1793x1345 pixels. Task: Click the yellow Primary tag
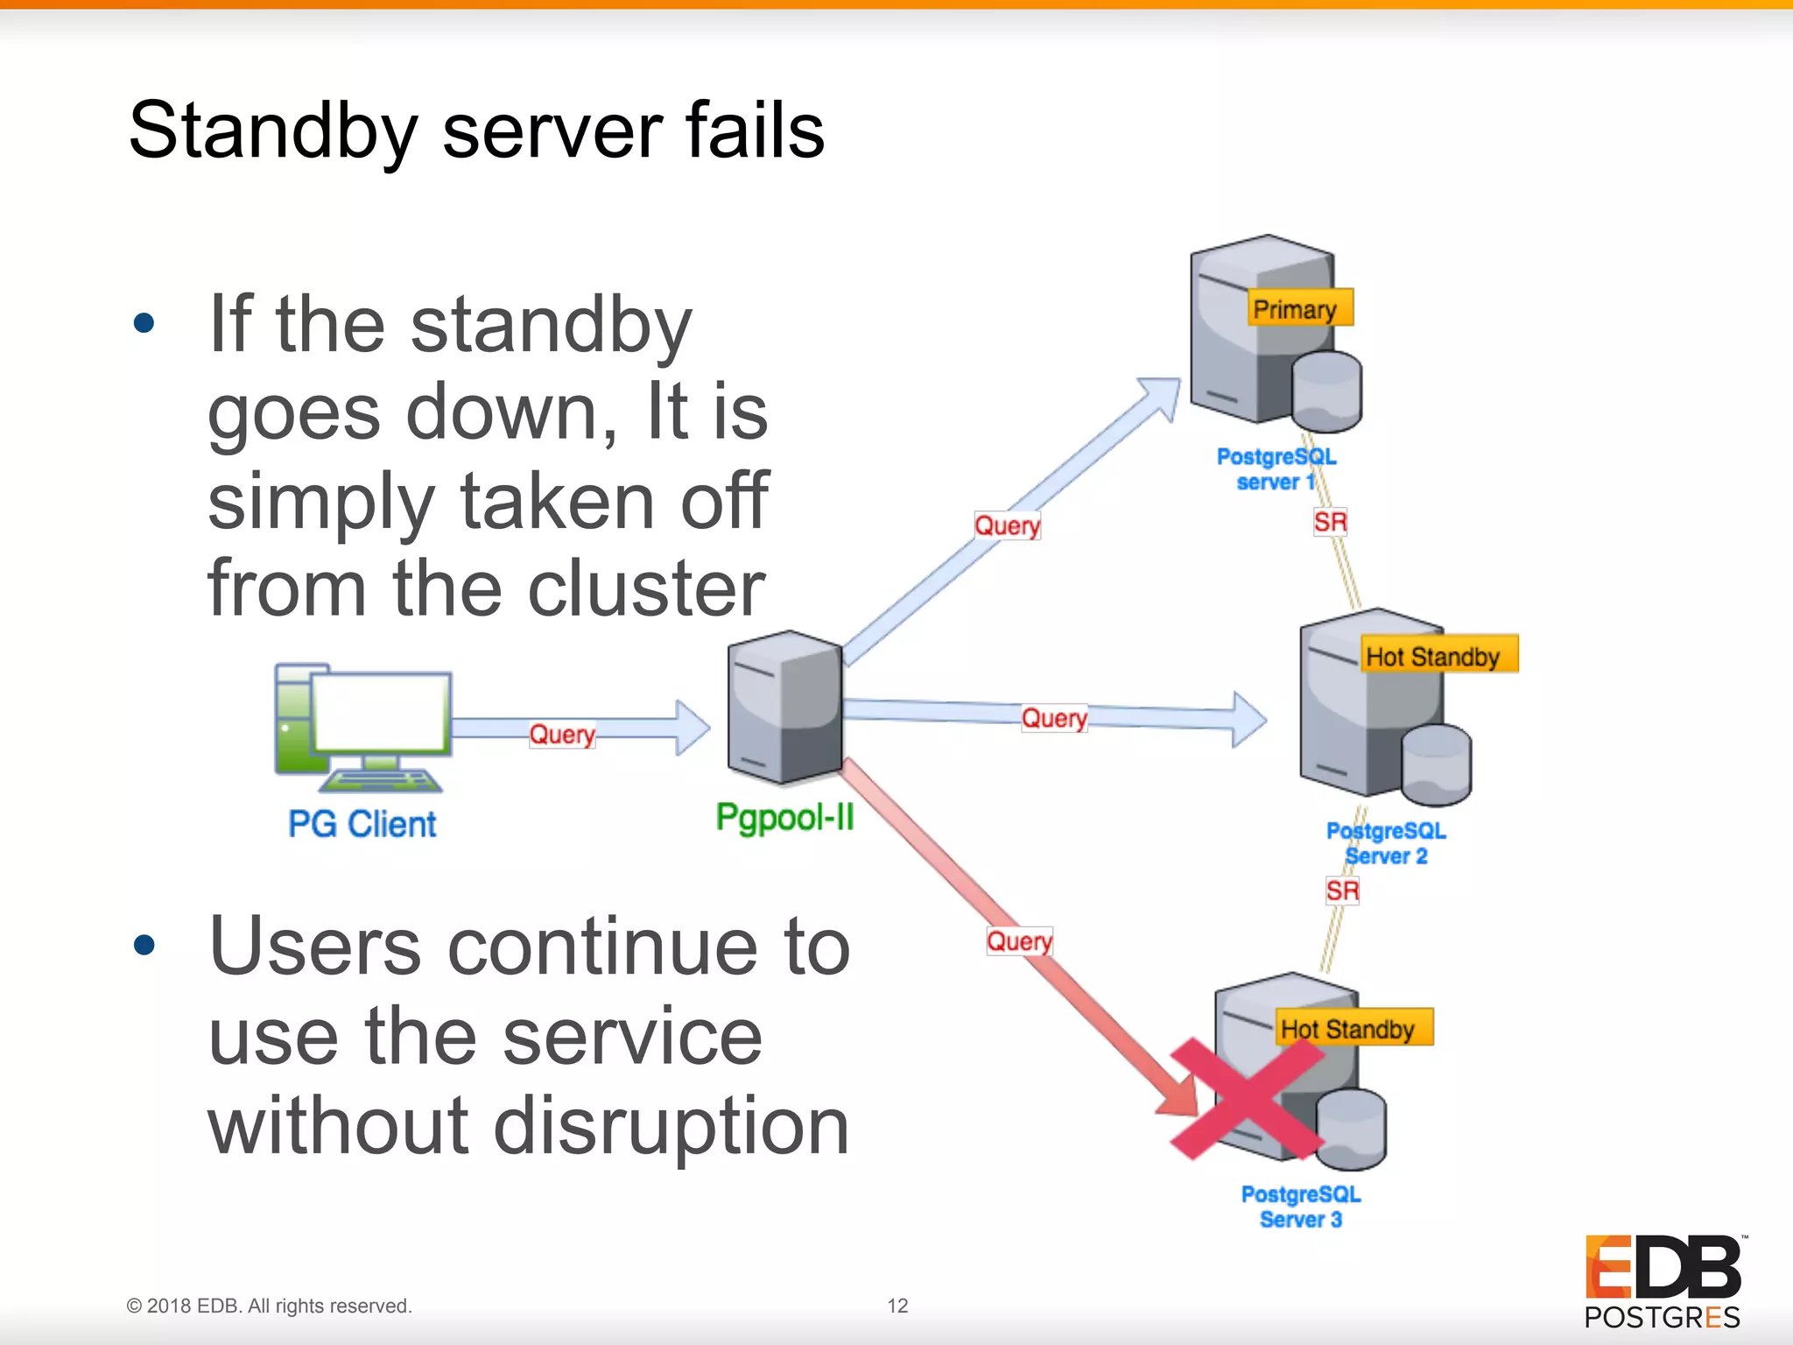tap(1299, 308)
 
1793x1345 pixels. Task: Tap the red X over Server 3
tap(1246, 1099)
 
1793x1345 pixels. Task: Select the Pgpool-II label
tap(784, 817)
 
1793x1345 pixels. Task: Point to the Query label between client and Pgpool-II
tap(562, 734)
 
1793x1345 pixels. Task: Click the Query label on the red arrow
tap(1019, 941)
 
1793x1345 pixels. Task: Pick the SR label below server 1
tap(1329, 523)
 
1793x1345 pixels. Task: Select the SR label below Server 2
tap(1341, 891)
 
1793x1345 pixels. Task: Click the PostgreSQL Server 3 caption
tap(1300, 1207)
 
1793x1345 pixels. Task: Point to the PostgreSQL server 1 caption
tap(1276, 469)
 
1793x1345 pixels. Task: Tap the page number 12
tap(897, 1306)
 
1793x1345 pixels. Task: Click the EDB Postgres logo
tap(1663, 1280)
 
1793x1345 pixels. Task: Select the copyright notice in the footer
tap(269, 1306)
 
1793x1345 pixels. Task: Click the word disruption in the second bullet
tap(671, 1126)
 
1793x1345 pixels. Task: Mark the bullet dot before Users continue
tap(144, 945)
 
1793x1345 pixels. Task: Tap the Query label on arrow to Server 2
tap(1054, 718)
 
